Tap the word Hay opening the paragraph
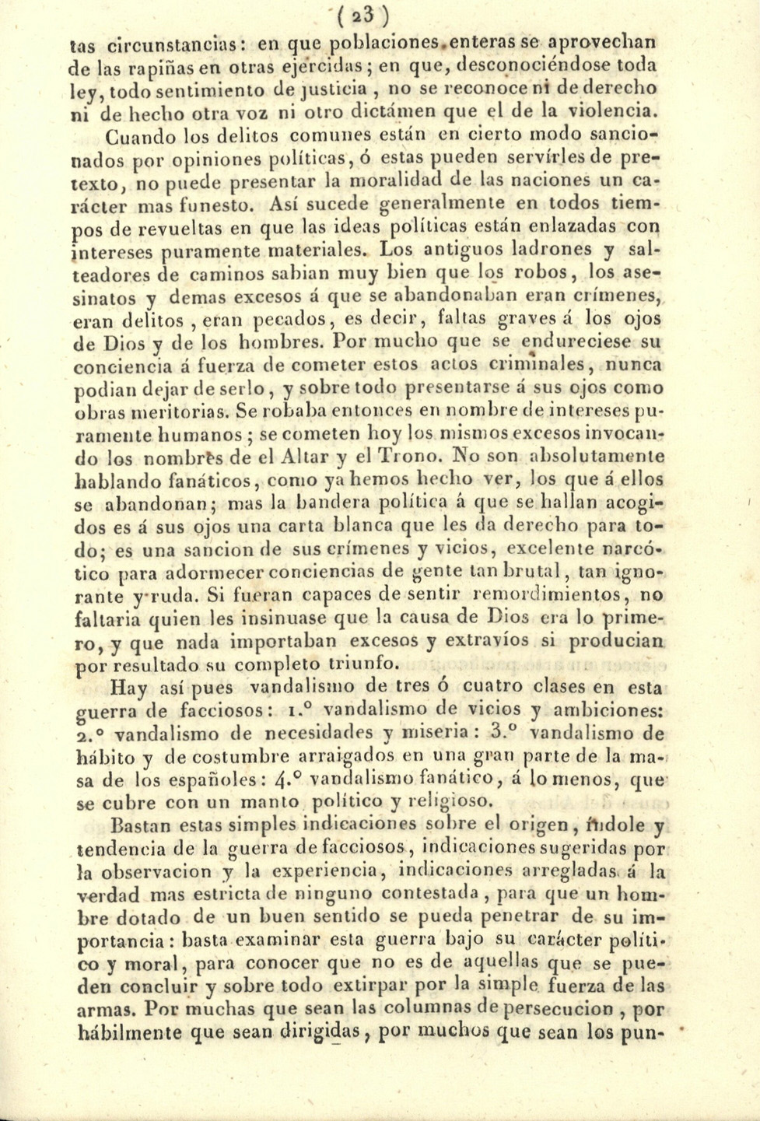click(x=128, y=688)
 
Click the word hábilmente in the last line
click(x=132, y=1033)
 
